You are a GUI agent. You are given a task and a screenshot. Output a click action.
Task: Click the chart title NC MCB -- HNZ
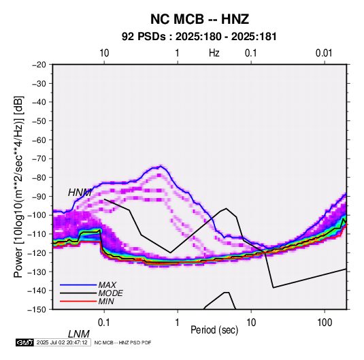click(x=199, y=19)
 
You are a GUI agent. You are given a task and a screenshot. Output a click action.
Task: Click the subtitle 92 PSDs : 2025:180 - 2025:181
click(x=199, y=37)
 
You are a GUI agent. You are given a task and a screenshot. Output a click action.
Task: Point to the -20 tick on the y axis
click(x=39, y=65)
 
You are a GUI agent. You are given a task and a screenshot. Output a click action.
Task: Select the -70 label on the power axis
click(x=39, y=159)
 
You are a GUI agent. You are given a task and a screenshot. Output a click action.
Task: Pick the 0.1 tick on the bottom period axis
click(x=104, y=323)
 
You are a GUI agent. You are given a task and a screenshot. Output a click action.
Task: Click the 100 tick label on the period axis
click(x=325, y=323)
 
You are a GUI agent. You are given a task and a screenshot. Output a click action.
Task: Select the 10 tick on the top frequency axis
click(x=104, y=53)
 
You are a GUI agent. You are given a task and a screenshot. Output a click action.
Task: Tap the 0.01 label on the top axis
click(x=324, y=53)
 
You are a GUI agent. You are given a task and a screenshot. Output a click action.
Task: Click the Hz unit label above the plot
click(x=214, y=53)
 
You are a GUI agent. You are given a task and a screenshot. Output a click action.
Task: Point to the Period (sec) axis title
click(x=214, y=330)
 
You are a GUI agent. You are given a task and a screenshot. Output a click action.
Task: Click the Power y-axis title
click(x=18, y=186)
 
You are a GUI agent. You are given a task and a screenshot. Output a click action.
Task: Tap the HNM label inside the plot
click(x=80, y=193)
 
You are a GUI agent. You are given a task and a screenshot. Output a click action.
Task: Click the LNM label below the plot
click(x=79, y=334)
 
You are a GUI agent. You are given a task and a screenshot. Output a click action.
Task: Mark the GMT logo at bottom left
click(x=24, y=342)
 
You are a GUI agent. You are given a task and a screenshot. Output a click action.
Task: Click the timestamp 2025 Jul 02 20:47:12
click(x=62, y=342)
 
